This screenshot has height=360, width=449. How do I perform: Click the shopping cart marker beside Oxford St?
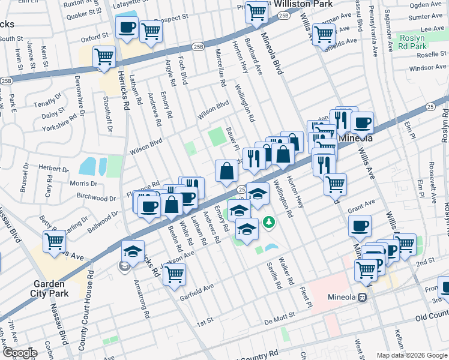click(104, 57)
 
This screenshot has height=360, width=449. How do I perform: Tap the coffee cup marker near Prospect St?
click(127, 28)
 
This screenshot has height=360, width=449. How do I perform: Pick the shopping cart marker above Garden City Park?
click(55, 241)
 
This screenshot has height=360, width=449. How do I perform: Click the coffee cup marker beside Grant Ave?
click(360, 226)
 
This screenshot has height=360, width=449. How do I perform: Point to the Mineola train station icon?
click(362, 298)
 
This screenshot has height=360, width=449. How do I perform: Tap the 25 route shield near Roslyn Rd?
click(430, 106)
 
